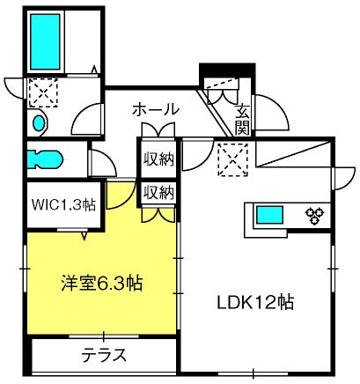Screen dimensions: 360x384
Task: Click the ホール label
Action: click(x=156, y=109)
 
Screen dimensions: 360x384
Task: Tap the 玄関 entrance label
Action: click(x=243, y=120)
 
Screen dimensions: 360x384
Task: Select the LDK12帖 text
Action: click(x=255, y=302)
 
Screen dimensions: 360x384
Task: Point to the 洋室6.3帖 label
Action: click(x=102, y=284)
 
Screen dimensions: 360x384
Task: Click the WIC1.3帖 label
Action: click(x=63, y=204)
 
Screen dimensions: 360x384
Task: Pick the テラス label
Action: click(x=104, y=355)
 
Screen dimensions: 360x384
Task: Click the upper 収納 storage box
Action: click(x=158, y=159)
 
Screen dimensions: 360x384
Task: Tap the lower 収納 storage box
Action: click(x=158, y=193)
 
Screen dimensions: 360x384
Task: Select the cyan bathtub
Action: click(x=45, y=42)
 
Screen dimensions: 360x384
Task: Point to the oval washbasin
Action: click(x=39, y=122)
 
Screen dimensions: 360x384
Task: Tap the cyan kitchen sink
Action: click(x=270, y=215)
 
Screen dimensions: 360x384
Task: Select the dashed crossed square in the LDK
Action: click(x=232, y=159)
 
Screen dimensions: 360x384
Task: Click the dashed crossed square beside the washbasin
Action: click(x=43, y=92)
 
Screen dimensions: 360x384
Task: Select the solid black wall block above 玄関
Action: click(x=227, y=70)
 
